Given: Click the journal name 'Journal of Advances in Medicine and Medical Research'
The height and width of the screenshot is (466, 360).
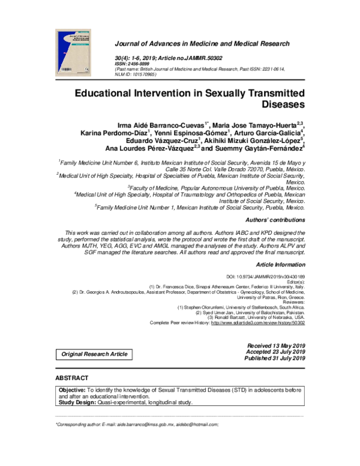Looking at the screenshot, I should pyautogui.click(x=201, y=44).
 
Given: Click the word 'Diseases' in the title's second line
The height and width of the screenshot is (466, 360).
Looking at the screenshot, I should pyautogui.click(x=280, y=106).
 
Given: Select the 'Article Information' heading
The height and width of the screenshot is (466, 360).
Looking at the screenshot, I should pyautogui.click(x=281, y=265).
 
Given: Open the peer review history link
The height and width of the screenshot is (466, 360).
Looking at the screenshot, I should pyautogui.click(x=258, y=322).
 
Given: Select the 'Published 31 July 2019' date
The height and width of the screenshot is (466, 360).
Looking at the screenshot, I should pyautogui.click(x=275, y=359).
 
